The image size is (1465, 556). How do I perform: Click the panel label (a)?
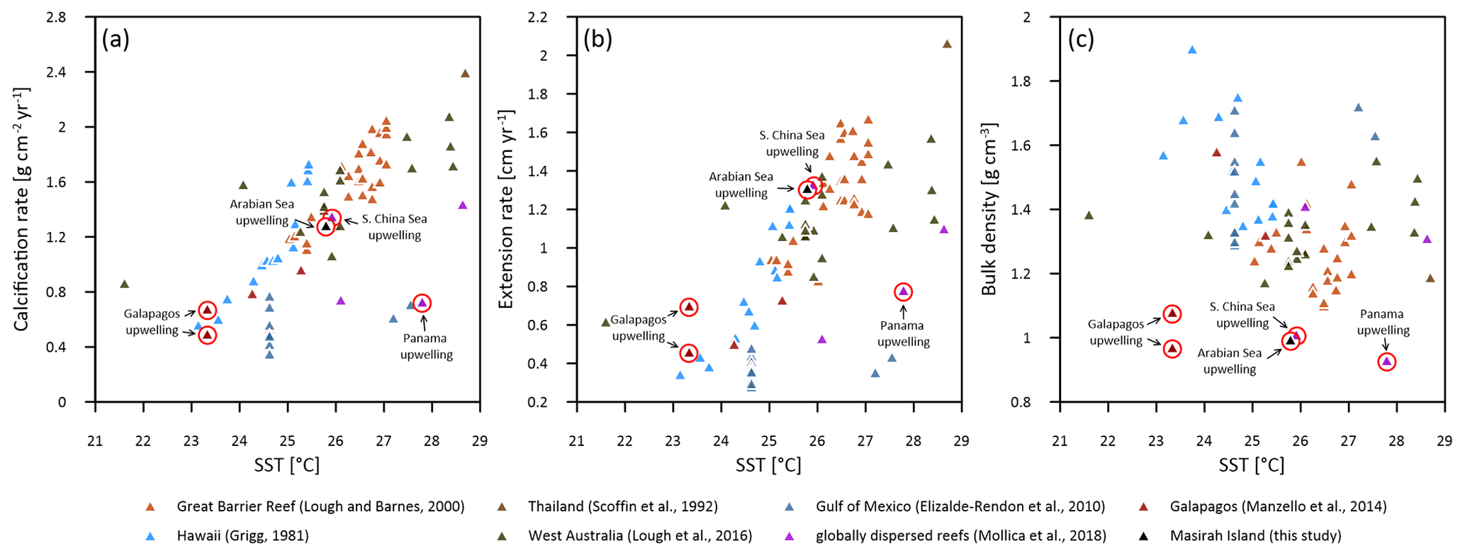tap(116, 40)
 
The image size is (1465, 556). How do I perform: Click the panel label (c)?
tap(1081, 40)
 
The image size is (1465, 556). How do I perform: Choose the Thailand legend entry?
tap(622, 506)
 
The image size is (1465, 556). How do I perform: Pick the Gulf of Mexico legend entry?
tap(960, 506)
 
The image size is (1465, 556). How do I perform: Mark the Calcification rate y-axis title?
tap(22, 209)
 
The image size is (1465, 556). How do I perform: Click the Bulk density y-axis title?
tap(989, 209)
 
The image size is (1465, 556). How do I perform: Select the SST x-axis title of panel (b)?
tap(768, 465)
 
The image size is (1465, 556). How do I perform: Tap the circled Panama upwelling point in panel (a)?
tap(422, 303)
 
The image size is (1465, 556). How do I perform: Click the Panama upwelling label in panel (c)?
tap(1382, 322)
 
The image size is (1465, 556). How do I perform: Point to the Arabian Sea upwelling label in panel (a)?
tap(262, 212)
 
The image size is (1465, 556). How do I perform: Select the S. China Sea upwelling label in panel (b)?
tap(792, 143)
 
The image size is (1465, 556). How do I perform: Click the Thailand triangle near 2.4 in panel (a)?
tap(465, 73)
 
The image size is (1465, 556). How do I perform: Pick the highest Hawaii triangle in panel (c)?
tap(1192, 50)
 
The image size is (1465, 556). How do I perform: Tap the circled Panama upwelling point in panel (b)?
tap(903, 291)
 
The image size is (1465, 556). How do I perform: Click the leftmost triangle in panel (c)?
tap(1089, 215)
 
